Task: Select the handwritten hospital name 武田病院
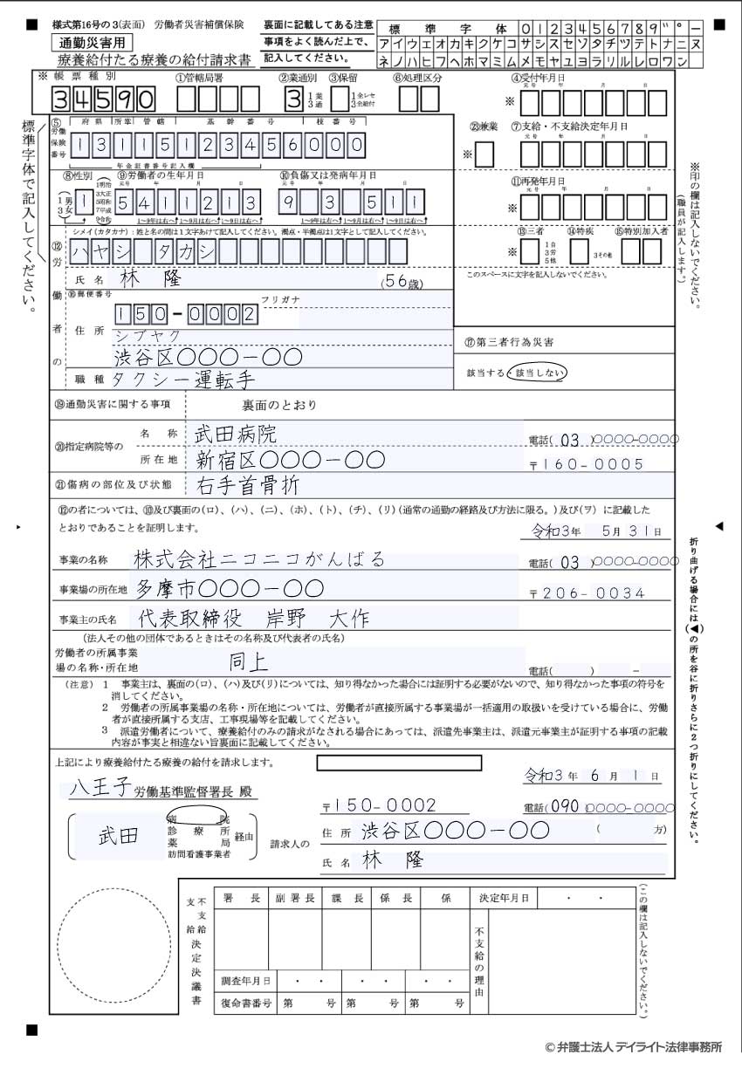pyautogui.click(x=235, y=434)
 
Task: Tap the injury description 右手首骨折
pyautogui.click(x=247, y=484)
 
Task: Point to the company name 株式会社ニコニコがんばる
pyautogui.click(x=259, y=559)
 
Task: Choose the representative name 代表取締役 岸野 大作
pyautogui.click(x=253, y=619)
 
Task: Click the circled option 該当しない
pyautogui.click(x=537, y=373)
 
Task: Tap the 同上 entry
pyautogui.click(x=247, y=661)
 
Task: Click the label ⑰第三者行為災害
pyautogui.click(x=509, y=342)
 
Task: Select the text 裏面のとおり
pyautogui.click(x=279, y=405)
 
